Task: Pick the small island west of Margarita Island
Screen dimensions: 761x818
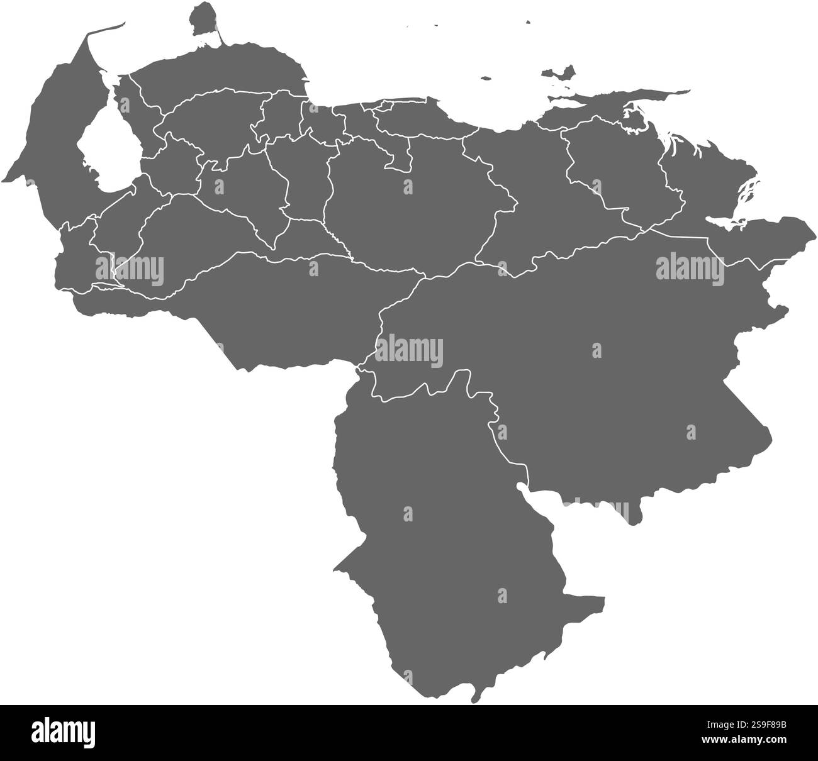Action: pyautogui.click(x=485, y=79)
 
